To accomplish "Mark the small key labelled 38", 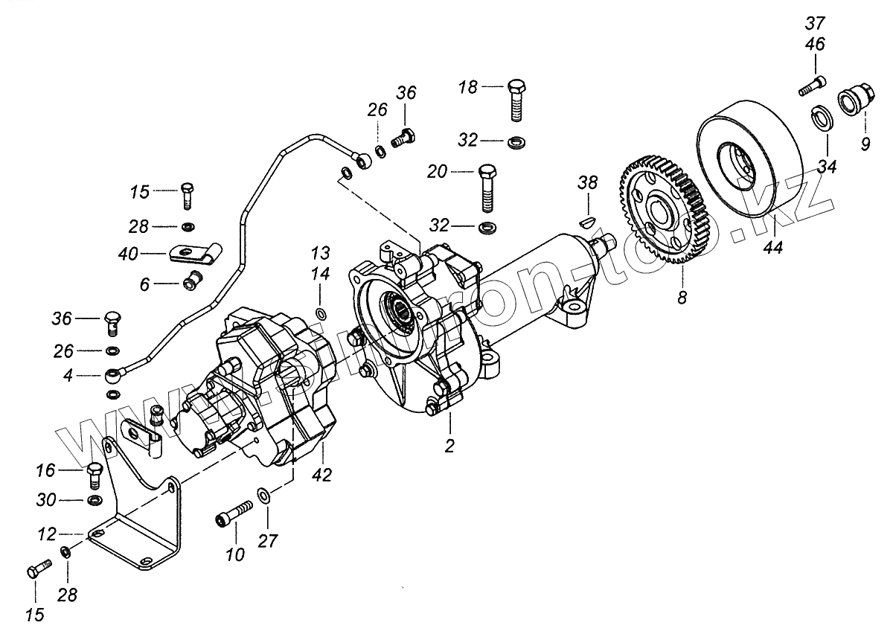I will pos(587,220).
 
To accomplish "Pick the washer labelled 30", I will pos(95,499).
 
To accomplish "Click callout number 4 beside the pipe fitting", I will pos(68,376).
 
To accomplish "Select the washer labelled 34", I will pos(822,117).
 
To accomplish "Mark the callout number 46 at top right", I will pos(815,45).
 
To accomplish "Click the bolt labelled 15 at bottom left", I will pos(37,571).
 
